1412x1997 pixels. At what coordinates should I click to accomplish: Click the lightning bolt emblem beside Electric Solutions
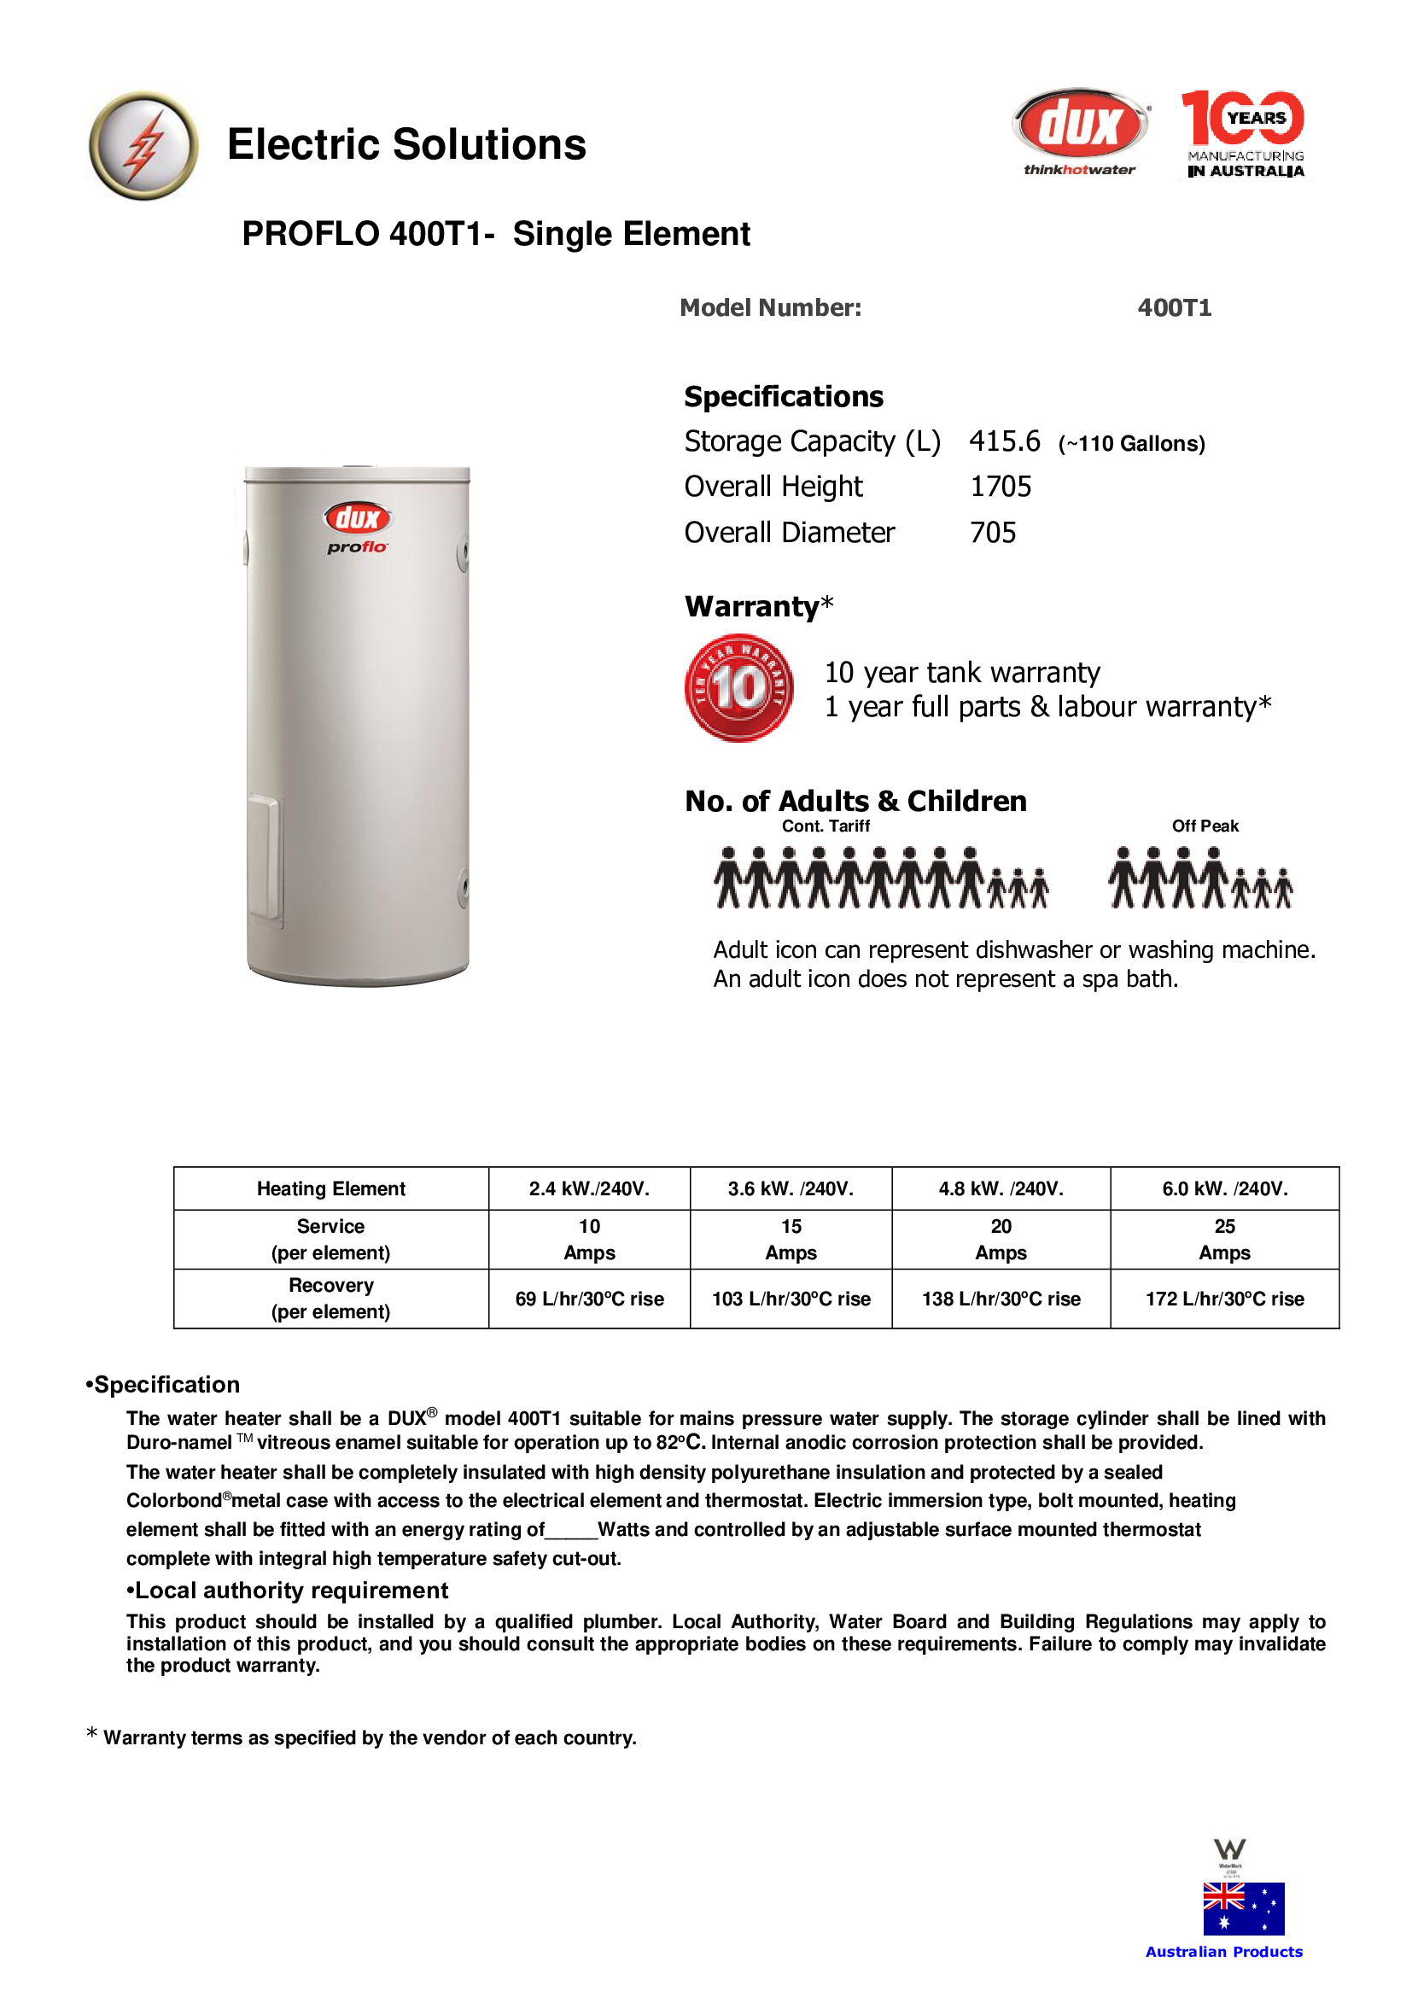(143, 145)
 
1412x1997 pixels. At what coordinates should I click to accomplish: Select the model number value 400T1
(1174, 308)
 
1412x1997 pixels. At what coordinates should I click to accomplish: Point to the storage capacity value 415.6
(1004, 442)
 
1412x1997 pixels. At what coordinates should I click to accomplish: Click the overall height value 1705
(1000, 487)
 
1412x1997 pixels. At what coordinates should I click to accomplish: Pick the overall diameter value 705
(993, 532)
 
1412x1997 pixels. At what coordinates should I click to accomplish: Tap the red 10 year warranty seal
(739, 688)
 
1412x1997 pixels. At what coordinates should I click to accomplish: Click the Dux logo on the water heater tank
(358, 518)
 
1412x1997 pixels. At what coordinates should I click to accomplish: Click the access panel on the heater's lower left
(264, 856)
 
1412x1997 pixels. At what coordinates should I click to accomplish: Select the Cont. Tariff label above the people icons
(826, 826)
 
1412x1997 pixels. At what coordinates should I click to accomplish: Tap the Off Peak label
(1205, 826)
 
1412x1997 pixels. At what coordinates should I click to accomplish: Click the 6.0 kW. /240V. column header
(1224, 1189)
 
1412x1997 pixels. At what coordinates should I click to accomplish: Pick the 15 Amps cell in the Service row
(791, 1240)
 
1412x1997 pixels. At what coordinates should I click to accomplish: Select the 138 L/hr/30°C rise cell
(1001, 1299)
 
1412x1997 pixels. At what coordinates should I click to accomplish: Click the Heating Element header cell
(330, 1189)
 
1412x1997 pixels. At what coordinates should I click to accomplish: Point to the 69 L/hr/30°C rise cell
(590, 1299)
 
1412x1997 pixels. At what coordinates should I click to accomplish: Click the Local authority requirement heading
(287, 1591)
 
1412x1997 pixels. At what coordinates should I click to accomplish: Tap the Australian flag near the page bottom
(1243, 1909)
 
